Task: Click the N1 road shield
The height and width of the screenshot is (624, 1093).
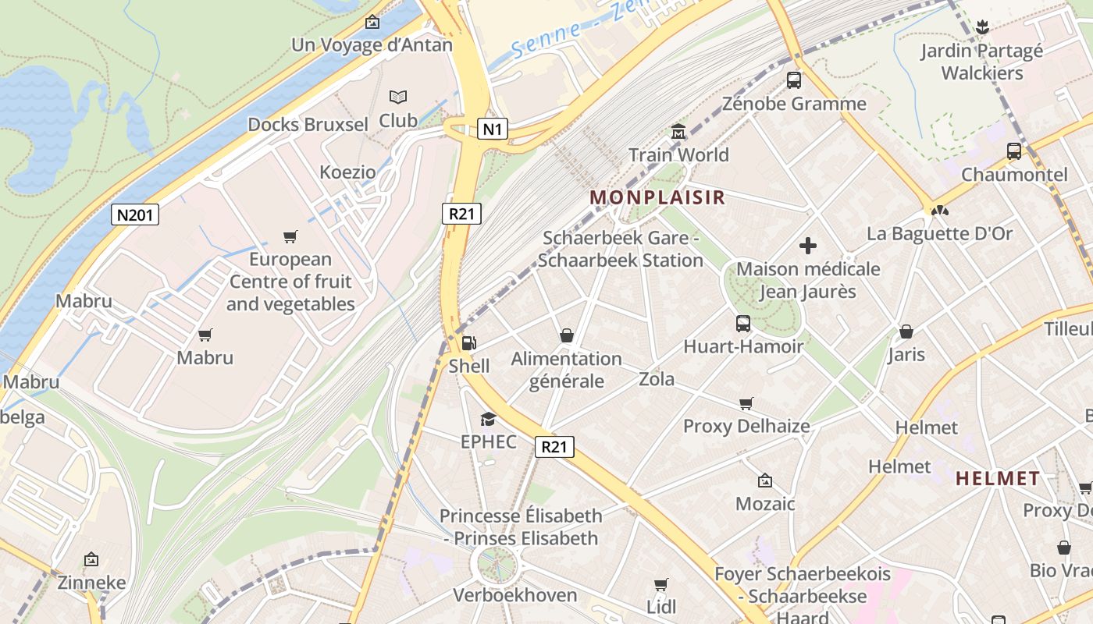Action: [492, 129]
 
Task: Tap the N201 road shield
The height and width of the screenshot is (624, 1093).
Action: [134, 214]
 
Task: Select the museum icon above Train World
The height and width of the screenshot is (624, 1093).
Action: [678, 132]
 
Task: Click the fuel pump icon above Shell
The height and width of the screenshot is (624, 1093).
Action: [469, 342]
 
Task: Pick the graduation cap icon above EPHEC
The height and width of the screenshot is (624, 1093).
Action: [488, 419]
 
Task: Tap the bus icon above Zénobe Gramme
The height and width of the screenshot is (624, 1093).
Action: [794, 80]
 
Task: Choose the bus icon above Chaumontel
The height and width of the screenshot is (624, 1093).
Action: [1013, 151]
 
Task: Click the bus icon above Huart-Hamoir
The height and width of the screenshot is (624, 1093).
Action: [742, 323]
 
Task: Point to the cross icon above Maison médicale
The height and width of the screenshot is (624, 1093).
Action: [808, 246]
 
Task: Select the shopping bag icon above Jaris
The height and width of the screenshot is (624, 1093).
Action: [906, 331]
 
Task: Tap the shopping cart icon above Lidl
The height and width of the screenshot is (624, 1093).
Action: [661, 584]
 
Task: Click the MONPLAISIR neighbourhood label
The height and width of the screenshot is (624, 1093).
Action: [657, 197]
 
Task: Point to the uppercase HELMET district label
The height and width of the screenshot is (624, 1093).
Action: [998, 478]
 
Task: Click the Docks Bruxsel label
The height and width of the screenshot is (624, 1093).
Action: [308, 125]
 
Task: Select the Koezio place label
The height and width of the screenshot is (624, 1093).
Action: [347, 172]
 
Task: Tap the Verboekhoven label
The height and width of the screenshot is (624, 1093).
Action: [515, 595]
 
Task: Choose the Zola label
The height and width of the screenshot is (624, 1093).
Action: [657, 379]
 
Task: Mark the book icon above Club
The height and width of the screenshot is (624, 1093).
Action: [398, 97]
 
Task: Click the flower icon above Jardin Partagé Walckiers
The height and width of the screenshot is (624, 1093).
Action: [982, 28]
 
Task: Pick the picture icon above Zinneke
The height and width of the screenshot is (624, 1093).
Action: [91, 559]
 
